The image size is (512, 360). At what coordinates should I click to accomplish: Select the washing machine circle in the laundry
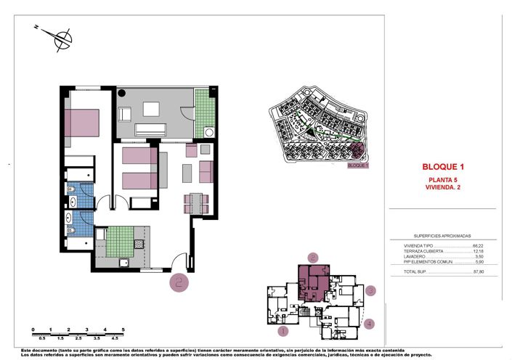(208, 132)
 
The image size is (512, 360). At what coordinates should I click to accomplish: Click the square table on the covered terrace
(151, 110)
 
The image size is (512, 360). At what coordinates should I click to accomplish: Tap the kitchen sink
(123, 262)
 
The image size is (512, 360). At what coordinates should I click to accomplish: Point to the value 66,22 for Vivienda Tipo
(478, 246)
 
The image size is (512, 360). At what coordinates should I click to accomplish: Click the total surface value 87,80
(478, 272)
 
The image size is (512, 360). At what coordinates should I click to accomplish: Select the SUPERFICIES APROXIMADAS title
(442, 236)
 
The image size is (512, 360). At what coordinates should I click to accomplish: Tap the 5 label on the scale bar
(123, 330)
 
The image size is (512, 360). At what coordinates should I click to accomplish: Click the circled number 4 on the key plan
(370, 324)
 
